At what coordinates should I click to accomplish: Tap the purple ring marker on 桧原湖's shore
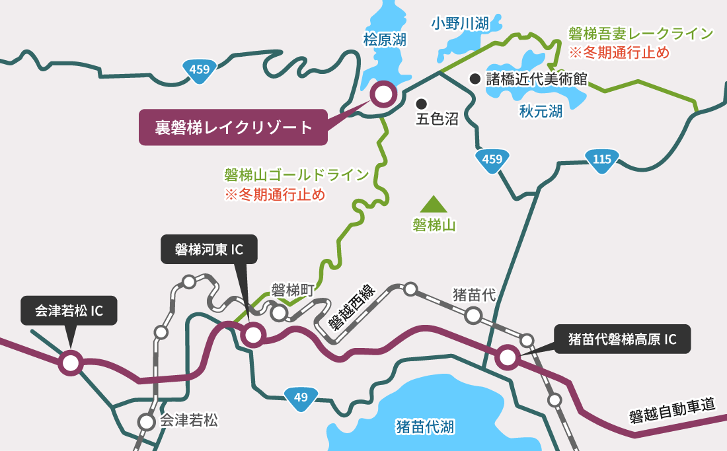[x=383, y=94]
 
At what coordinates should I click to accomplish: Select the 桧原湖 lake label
[x=385, y=40]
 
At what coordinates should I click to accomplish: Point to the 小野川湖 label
[x=460, y=24]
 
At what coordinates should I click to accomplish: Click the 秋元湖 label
[x=541, y=112]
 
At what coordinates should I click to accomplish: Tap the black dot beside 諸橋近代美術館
[x=475, y=79]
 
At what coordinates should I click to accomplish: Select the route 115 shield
[x=601, y=159]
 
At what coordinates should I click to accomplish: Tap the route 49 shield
[x=301, y=397]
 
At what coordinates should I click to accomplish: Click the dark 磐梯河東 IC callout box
[x=209, y=250]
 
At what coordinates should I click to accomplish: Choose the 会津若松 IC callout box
[x=69, y=310]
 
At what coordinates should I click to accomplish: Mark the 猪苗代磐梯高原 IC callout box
[x=623, y=339]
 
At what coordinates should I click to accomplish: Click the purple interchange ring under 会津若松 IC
[x=71, y=362]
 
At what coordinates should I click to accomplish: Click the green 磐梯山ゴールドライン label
[x=296, y=175]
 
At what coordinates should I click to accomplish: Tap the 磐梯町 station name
[x=291, y=289]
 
